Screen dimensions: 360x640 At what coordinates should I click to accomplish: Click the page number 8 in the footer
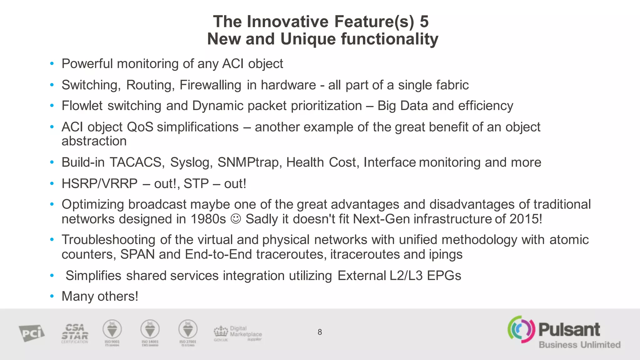pyautogui.click(x=319, y=332)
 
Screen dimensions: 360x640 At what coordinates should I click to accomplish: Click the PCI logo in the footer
pyautogui.click(x=32, y=333)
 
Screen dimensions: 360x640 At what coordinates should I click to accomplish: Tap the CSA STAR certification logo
pyautogui.click(x=75, y=333)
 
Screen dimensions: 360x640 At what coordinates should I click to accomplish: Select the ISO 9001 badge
pyautogui.click(x=112, y=332)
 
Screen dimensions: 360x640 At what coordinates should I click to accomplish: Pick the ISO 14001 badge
pyautogui.click(x=150, y=332)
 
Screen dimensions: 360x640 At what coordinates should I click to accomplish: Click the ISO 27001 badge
pyautogui.click(x=188, y=332)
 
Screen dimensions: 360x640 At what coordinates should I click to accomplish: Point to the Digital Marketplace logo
pyautogui.click(x=238, y=333)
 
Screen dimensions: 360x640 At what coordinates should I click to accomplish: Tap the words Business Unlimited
pyautogui.click(x=580, y=345)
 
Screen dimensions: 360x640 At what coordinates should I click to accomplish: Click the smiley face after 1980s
pyautogui.click(x=236, y=219)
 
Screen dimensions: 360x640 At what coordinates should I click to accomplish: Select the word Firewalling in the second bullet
pyautogui.click(x=210, y=85)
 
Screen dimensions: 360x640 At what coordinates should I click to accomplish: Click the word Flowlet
pyautogui.click(x=82, y=106)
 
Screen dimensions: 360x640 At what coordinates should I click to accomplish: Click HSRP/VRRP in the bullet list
pyautogui.click(x=99, y=184)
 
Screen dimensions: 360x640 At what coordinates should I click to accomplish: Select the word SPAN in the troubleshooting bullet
pyautogui.click(x=137, y=254)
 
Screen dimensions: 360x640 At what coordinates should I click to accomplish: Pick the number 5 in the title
pyautogui.click(x=424, y=22)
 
